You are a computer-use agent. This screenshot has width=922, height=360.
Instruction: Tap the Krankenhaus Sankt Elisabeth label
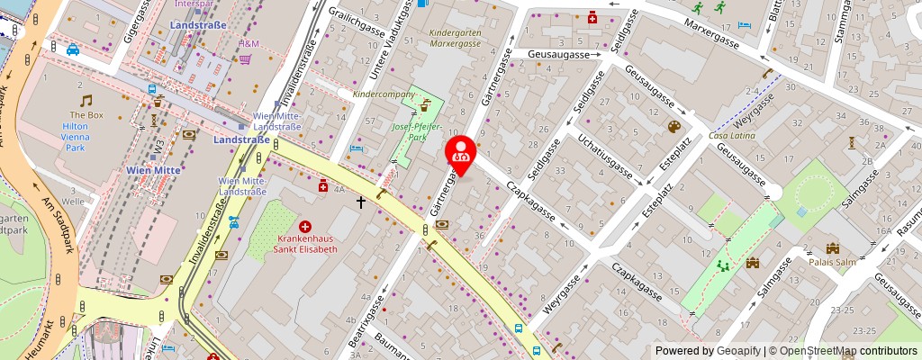coord(305,242)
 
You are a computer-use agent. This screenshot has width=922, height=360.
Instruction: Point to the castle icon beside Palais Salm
coord(832,247)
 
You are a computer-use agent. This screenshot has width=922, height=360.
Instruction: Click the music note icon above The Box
coord(86,100)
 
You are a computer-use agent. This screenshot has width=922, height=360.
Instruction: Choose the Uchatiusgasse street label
coord(607,158)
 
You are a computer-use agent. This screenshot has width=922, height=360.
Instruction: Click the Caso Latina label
coord(732,135)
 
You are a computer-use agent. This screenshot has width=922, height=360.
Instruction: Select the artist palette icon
coord(674,127)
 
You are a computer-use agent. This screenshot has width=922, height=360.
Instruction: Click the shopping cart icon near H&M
coord(245,59)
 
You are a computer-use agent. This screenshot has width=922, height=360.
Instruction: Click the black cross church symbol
coord(362,202)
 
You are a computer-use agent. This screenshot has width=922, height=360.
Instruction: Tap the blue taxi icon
coord(72,49)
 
